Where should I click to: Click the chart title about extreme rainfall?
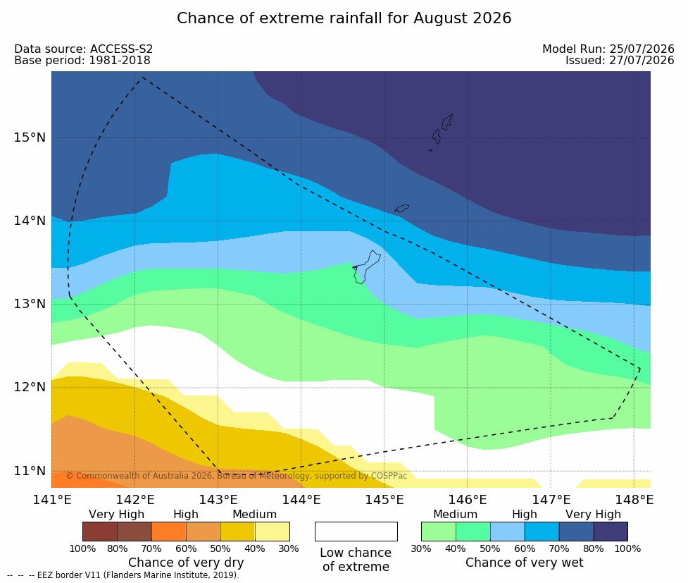tap(344, 18)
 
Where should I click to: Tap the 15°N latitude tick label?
tap(30, 137)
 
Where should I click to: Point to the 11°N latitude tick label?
tap(30, 471)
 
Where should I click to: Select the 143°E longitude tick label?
tap(218, 500)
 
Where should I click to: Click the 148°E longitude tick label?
tap(634, 500)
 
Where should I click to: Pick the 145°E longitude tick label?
tap(384, 500)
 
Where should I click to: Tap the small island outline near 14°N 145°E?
tap(401, 208)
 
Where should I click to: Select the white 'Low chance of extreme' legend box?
tap(356, 532)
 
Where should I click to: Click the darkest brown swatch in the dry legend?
tap(100, 532)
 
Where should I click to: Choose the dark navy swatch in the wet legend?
tap(611, 532)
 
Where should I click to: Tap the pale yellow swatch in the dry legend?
tap(272, 532)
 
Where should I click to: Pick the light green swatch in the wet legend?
tap(438, 532)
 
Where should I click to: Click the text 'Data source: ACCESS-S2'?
tap(83, 49)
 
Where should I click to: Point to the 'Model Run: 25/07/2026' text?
tap(608, 49)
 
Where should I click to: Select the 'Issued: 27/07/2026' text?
tap(620, 61)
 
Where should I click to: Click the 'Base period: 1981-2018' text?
tap(82, 61)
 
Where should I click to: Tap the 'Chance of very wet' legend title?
tap(525, 563)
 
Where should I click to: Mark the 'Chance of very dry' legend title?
tap(186, 563)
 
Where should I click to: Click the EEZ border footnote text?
tap(123, 575)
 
